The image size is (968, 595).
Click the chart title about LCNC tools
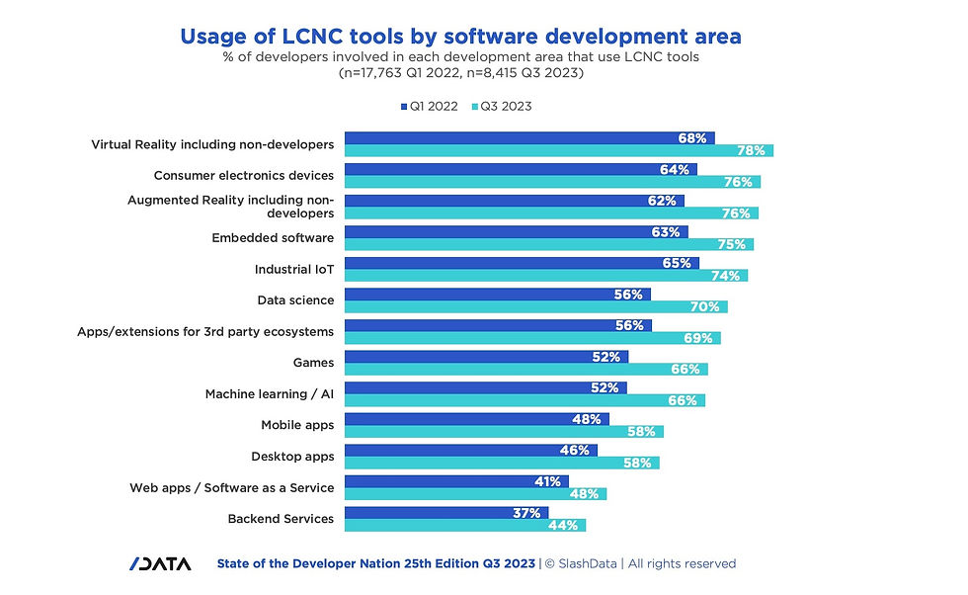pos(460,37)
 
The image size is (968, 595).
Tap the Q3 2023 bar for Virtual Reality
pos(558,150)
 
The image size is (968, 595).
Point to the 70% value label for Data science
pos(704,307)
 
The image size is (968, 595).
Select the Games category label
pos(313,363)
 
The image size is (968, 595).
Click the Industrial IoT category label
pos(294,269)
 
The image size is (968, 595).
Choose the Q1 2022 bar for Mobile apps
pos(476,419)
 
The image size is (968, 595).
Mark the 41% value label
pos(548,481)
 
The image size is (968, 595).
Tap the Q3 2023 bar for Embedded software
pos(548,244)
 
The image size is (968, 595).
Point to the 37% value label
pos(525,513)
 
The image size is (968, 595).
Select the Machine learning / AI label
pos(269,394)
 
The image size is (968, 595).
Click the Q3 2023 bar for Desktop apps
pos(501,463)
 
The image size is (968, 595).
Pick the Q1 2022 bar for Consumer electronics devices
pos(520,169)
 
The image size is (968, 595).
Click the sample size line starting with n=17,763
pos(460,73)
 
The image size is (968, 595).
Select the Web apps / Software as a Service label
pos(231,487)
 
